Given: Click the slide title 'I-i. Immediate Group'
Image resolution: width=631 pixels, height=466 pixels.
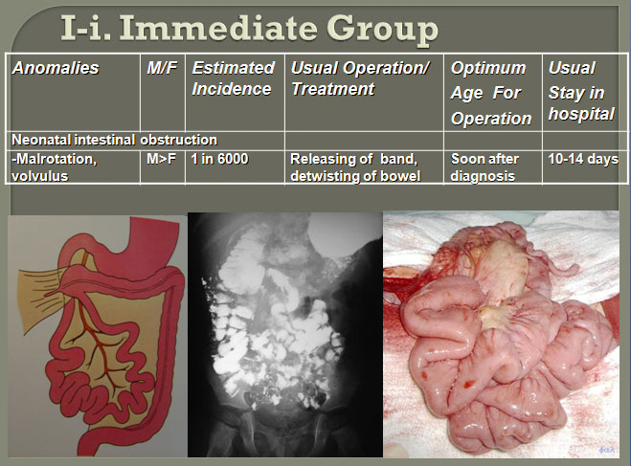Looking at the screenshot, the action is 249,29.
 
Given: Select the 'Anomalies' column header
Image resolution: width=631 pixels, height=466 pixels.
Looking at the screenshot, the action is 56,68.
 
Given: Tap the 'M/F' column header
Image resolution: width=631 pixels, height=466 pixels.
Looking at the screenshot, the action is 162,68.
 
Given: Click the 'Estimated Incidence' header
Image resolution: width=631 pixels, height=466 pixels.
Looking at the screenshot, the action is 233,78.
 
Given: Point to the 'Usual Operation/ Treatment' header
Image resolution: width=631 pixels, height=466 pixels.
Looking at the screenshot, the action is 360,78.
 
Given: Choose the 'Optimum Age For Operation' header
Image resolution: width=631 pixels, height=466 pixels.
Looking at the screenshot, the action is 491,93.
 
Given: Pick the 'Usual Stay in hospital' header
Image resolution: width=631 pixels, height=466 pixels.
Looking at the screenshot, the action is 581,91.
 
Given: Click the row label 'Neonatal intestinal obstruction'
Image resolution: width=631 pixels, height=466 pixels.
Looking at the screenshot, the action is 114,140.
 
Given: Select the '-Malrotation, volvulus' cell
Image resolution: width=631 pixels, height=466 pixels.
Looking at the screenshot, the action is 55,167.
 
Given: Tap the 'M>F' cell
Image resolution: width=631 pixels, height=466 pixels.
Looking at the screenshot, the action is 161,159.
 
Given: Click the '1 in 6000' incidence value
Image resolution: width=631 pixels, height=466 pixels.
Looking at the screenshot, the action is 219,159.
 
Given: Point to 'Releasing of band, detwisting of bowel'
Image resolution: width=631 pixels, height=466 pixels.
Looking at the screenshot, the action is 355,167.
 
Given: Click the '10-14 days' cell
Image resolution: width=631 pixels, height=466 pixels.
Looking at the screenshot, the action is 583,159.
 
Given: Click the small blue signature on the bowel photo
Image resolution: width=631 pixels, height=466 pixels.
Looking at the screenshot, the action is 606,450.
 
